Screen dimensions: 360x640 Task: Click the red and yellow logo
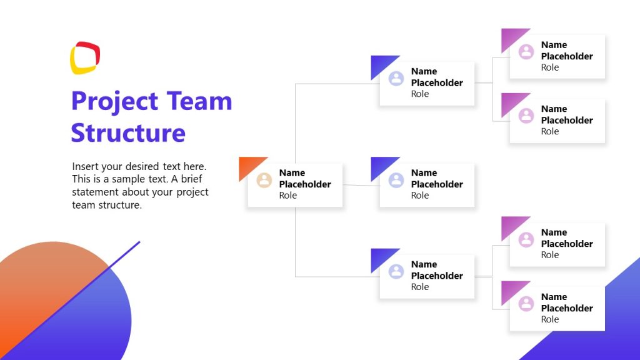coord(85,58)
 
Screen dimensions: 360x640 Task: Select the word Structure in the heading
coord(128,133)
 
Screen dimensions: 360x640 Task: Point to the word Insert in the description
coord(86,167)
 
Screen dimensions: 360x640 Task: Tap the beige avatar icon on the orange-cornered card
coord(264,181)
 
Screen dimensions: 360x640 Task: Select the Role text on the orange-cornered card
coord(288,196)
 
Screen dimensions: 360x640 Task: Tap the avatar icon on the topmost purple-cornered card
coord(526,51)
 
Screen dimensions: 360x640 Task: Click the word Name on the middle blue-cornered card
coord(424,173)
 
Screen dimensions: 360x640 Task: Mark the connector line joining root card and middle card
coord(361,185)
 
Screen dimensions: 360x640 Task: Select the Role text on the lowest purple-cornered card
coord(550,319)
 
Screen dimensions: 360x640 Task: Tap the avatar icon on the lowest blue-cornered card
coord(396,271)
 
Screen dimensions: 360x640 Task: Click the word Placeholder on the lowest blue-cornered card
coord(437,276)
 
